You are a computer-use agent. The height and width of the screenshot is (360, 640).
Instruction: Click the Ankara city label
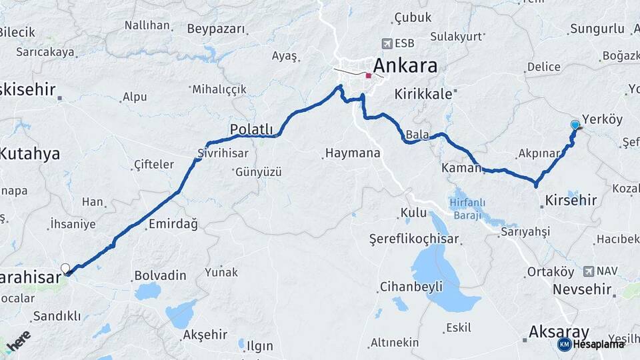tap(405, 66)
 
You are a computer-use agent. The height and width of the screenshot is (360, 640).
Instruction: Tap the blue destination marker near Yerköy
tap(575, 125)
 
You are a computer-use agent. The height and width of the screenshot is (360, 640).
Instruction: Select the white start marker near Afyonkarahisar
tap(65, 269)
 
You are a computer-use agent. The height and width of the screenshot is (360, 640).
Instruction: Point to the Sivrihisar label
tap(223, 153)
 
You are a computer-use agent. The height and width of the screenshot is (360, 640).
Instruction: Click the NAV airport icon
tap(588, 271)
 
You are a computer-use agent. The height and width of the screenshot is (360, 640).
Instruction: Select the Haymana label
tap(353, 153)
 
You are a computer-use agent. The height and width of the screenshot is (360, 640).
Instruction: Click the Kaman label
tap(461, 169)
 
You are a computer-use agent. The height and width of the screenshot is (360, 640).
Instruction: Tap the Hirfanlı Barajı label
tap(467, 209)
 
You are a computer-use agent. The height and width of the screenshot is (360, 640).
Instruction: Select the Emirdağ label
tap(173, 224)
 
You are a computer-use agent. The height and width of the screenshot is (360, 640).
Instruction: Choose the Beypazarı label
tap(216, 29)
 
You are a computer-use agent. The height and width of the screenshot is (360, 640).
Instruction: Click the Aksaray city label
tap(559, 331)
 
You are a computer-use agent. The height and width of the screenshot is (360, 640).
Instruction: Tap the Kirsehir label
tap(571, 200)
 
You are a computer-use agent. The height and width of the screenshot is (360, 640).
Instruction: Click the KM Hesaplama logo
tap(591, 344)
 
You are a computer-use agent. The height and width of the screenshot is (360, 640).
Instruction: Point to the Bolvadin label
tap(160, 275)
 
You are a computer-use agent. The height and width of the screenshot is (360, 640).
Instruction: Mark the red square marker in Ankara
tap(369, 75)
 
